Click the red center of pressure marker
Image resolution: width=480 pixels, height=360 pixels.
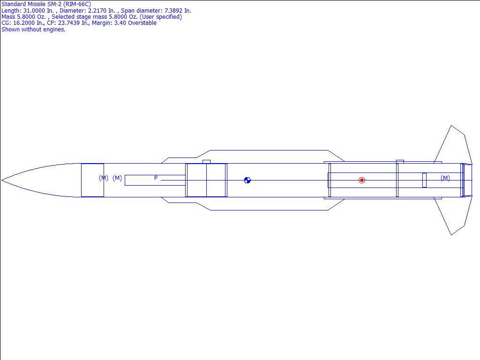point(361,180)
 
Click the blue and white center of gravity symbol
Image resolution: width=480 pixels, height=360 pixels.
point(247,180)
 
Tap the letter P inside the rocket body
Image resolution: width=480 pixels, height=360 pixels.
point(156,178)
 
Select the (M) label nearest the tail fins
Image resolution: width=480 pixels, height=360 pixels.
point(445,178)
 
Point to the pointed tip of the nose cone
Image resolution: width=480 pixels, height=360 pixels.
point(1,180)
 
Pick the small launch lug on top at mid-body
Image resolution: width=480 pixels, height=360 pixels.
point(206,162)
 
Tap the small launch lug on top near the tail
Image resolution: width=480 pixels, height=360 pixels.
point(400,161)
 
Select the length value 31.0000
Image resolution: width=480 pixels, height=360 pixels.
point(34,11)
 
